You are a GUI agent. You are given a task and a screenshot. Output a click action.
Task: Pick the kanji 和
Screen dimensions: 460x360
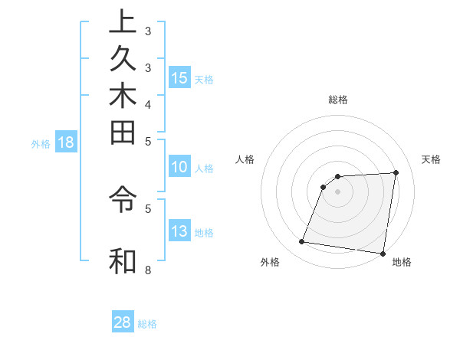click(122, 260)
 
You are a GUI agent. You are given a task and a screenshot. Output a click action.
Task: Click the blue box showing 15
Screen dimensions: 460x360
click(179, 78)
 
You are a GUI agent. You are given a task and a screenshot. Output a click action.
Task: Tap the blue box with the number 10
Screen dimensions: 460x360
click(179, 168)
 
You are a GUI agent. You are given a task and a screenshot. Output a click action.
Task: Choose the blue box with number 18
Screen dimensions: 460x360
click(66, 142)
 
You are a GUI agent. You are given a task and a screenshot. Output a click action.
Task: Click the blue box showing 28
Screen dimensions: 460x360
click(123, 322)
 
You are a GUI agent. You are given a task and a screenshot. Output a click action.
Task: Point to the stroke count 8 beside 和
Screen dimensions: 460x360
click(148, 270)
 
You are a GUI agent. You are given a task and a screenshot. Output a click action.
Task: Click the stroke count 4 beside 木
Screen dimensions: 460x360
click(148, 104)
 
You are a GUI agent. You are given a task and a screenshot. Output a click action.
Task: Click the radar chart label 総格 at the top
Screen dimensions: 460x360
click(337, 100)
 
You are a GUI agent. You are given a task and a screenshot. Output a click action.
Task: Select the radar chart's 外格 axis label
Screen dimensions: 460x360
click(270, 263)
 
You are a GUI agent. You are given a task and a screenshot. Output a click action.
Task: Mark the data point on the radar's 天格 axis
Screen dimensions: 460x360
click(396, 172)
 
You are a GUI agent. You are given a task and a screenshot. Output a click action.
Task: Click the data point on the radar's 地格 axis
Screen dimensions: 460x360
click(383, 253)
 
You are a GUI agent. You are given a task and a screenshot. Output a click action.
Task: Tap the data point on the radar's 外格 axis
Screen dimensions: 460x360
click(302, 242)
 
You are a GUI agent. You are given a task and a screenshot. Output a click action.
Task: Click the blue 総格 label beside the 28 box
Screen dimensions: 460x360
click(147, 324)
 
